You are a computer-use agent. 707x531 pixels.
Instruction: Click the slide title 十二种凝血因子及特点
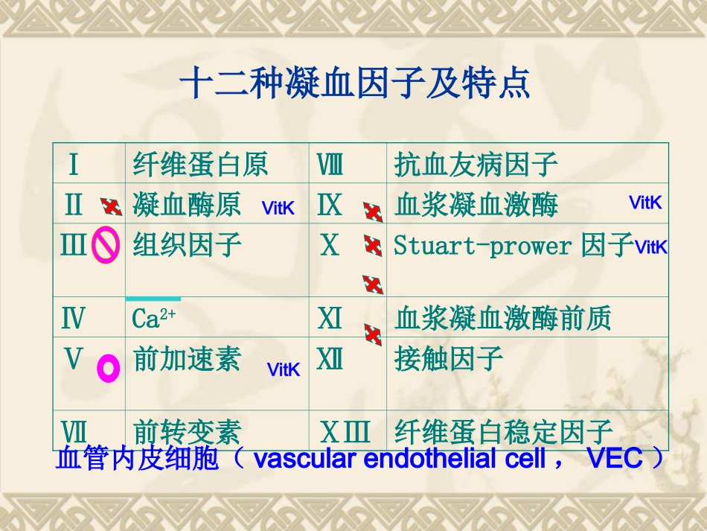pyautogui.click(x=356, y=83)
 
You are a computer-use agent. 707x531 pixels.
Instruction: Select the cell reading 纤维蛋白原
pyautogui.click(x=200, y=164)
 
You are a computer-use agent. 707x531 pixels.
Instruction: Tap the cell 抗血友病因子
pyautogui.click(x=476, y=164)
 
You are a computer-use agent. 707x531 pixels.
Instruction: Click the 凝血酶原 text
pyautogui.click(x=187, y=205)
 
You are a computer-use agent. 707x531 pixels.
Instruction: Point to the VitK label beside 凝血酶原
pyautogui.click(x=278, y=209)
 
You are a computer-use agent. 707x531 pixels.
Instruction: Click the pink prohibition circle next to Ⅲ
pyautogui.click(x=106, y=246)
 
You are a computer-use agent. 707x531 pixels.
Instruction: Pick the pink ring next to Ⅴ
pyautogui.click(x=109, y=367)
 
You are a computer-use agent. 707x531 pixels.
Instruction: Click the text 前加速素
pyautogui.click(x=187, y=360)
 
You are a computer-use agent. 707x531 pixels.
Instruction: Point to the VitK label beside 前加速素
pyautogui.click(x=284, y=370)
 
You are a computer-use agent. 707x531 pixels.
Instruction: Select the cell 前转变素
pyautogui.click(x=187, y=432)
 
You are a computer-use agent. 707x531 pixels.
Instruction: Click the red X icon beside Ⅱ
pyautogui.click(x=112, y=206)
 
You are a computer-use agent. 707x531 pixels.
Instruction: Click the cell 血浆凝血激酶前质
pyautogui.click(x=502, y=319)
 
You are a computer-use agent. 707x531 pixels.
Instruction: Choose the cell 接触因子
pyautogui.click(x=449, y=360)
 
